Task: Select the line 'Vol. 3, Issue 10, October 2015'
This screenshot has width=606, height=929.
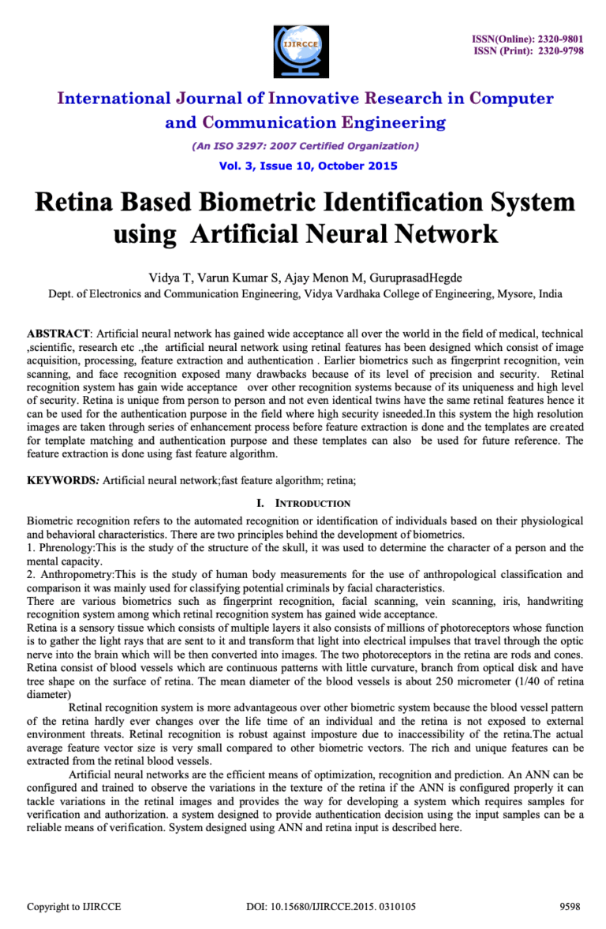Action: pyautogui.click(x=308, y=166)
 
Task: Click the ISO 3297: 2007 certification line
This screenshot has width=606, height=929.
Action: pyautogui.click(x=305, y=146)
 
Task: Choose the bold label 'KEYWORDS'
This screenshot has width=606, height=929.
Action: pyautogui.click(x=62, y=479)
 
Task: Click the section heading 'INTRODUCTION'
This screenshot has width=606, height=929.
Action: pyautogui.click(x=312, y=503)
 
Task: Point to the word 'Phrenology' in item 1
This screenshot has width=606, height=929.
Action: pyautogui.click(x=65, y=548)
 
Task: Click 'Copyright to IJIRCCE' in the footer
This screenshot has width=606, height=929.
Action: pyautogui.click(x=74, y=907)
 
